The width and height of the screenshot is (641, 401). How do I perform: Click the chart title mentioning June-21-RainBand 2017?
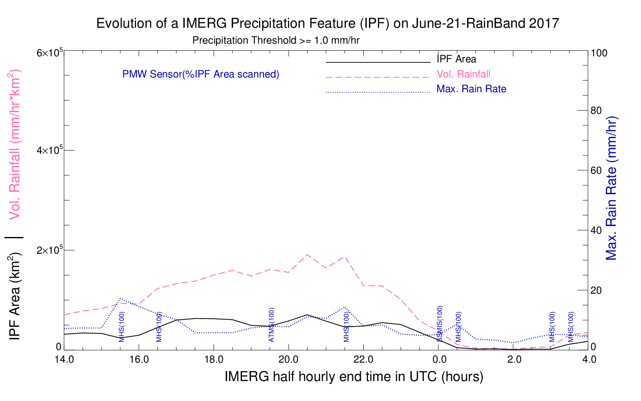click(x=327, y=24)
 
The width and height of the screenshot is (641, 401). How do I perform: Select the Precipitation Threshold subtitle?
click(x=276, y=40)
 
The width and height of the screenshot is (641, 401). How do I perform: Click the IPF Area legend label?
click(x=456, y=59)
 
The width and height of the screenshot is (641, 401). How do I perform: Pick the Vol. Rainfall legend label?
click(x=463, y=74)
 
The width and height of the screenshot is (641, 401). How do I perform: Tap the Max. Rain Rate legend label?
click(x=471, y=89)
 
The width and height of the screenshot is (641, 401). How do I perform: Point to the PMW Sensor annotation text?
click(x=201, y=74)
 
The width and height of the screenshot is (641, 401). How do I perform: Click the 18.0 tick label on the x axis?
click(x=214, y=359)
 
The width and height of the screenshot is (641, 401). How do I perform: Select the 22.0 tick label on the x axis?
click(x=363, y=359)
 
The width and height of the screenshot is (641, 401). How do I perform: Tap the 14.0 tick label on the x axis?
click(x=64, y=359)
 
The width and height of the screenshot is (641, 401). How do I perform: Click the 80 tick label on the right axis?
click(x=596, y=111)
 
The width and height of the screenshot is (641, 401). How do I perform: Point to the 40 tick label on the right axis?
click(x=596, y=230)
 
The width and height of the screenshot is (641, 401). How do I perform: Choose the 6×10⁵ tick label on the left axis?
click(x=50, y=53)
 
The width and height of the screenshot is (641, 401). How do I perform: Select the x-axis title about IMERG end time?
click(x=354, y=377)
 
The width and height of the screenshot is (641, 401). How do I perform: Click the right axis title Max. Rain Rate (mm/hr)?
click(x=611, y=188)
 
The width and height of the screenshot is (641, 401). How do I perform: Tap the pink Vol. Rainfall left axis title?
click(x=14, y=144)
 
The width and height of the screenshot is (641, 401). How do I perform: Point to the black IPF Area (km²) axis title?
click(x=14, y=297)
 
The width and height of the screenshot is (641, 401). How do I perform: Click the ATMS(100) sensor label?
click(x=272, y=325)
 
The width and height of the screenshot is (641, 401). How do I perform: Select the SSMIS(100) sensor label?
click(x=440, y=323)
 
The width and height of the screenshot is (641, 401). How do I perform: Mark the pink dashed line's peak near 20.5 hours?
click(x=307, y=255)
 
